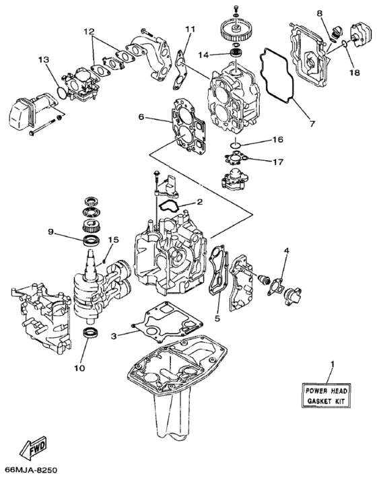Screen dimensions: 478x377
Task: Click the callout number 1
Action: (x=331, y=366)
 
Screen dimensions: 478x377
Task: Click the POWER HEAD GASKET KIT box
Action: (x=330, y=396)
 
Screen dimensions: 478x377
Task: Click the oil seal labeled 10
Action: (x=89, y=334)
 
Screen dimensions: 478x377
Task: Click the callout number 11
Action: (x=190, y=29)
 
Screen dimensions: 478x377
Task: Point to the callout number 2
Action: (x=199, y=201)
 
